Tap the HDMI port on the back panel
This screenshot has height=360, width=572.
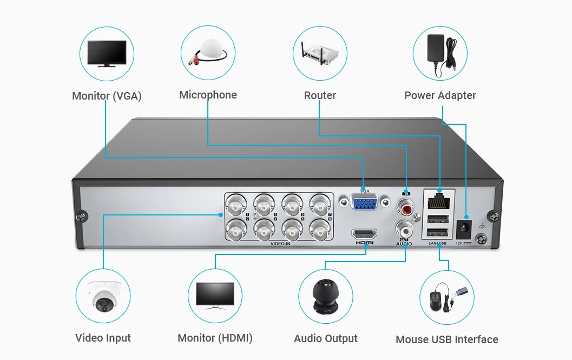[364, 234]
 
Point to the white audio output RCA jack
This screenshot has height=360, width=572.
[405, 228]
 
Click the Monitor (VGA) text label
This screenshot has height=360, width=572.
[107, 96]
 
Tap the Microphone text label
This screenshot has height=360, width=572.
[208, 95]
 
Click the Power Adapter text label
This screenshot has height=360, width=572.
[440, 96]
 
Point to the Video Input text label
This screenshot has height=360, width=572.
[103, 338]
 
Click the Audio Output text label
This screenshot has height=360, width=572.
[326, 339]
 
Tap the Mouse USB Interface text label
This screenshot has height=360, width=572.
[446, 340]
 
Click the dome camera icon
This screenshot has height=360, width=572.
[103, 297]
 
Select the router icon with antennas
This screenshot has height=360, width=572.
[320, 52]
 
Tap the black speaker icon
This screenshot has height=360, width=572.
[326, 297]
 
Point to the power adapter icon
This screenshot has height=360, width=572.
[439, 52]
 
